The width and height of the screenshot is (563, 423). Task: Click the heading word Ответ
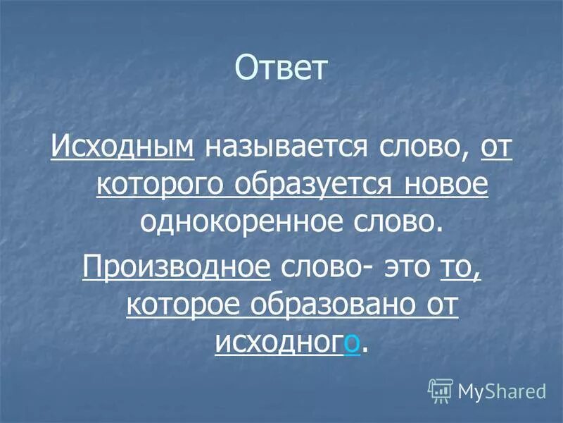click(281, 68)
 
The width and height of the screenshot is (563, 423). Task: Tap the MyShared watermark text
click(502, 390)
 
